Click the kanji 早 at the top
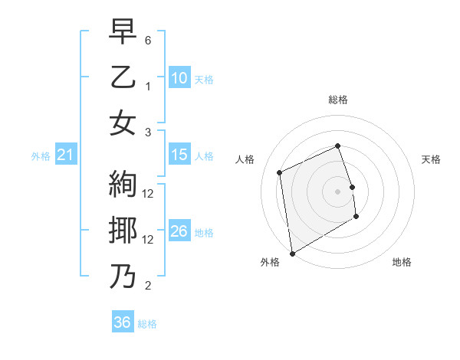click(x=123, y=33)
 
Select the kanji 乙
click(x=123, y=78)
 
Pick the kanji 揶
click(x=123, y=231)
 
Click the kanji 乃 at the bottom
click(x=123, y=277)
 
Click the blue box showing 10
click(x=179, y=78)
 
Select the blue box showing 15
click(x=179, y=155)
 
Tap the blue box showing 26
click(x=179, y=231)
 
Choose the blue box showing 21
click(x=66, y=155)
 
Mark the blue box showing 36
click(x=123, y=322)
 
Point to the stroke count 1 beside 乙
click(x=148, y=86)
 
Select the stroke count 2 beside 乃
click(x=148, y=286)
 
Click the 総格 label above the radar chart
click(x=338, y=100)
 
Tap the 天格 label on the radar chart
click(x=431, y=159)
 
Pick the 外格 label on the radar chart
click(x=270, y=262)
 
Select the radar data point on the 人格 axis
click(x=280, y=172)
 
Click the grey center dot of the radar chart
click(x=338, y=191)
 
